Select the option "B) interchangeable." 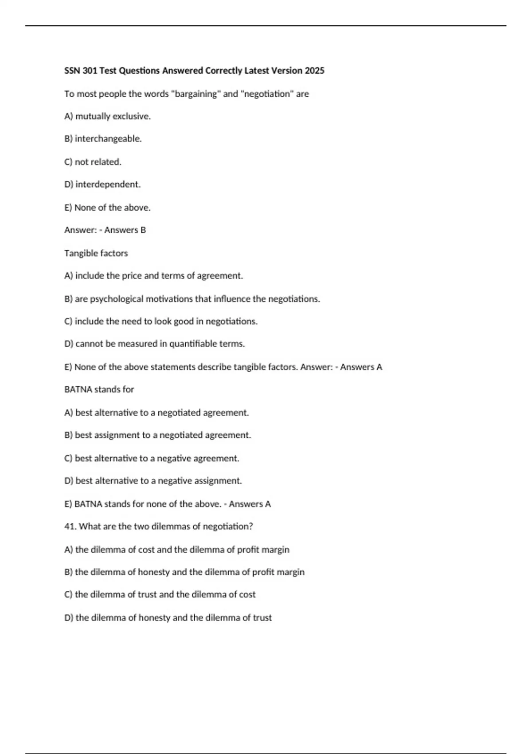103,139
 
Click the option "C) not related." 93,162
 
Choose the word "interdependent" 107,185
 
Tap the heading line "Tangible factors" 96,253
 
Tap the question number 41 70,526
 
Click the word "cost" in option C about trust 247,594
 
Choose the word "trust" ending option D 262,617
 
